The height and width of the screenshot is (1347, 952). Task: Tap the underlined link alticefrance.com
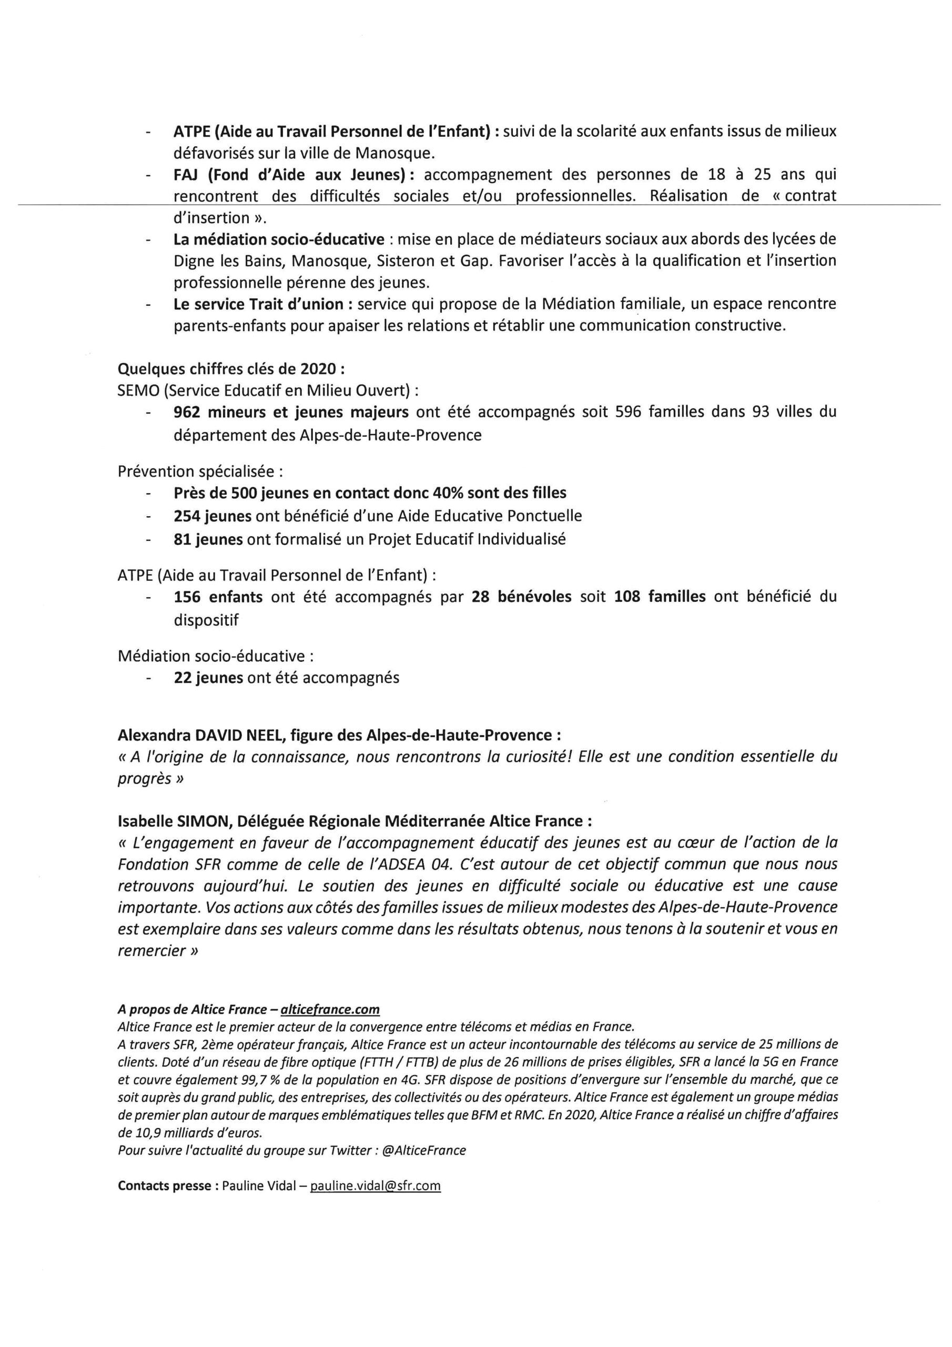point(330,1009)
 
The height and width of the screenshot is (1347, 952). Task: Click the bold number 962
point(187,412)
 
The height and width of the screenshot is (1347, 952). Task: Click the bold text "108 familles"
point(660,597)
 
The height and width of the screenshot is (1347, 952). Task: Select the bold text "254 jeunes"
point(208,516)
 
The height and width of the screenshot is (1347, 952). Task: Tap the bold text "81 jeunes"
point(208,539)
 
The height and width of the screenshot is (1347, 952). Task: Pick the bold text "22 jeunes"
point(208,678)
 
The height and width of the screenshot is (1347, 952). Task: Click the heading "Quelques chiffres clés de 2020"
point(231,369)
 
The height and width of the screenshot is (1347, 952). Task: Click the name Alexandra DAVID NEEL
point(211,735)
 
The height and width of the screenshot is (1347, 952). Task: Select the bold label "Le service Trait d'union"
point(258,304)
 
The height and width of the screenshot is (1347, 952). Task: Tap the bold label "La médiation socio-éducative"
point(279,239)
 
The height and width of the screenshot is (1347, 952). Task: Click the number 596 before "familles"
point(627,412)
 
